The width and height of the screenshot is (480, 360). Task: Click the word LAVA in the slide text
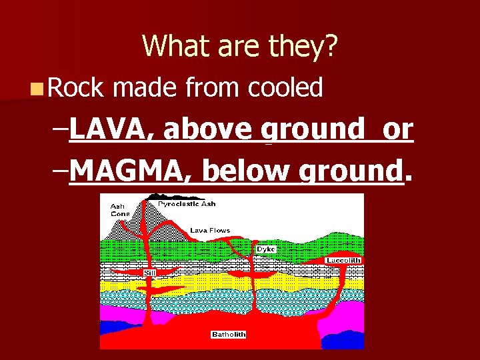tap(109, 129)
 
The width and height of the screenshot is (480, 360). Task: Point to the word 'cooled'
tap(285, 87)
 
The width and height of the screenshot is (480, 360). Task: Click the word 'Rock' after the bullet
tap(75, 87)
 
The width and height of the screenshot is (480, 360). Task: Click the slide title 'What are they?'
tap(240, 46)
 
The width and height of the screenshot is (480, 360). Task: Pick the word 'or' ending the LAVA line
tap(397, 129)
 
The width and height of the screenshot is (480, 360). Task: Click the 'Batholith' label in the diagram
tap(229, 334)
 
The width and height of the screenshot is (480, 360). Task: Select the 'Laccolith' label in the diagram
tap(343, 260)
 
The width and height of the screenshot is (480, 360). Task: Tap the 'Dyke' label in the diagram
tap(265, 249)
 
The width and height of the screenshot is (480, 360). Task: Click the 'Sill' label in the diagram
tap(150, 272)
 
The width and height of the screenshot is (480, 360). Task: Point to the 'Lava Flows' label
tap(210, 231)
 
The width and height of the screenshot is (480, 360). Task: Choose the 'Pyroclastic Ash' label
tap(187, 203)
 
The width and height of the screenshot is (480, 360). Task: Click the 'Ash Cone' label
tap(120, 210)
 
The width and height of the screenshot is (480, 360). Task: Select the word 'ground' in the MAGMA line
tap(351, 172)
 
